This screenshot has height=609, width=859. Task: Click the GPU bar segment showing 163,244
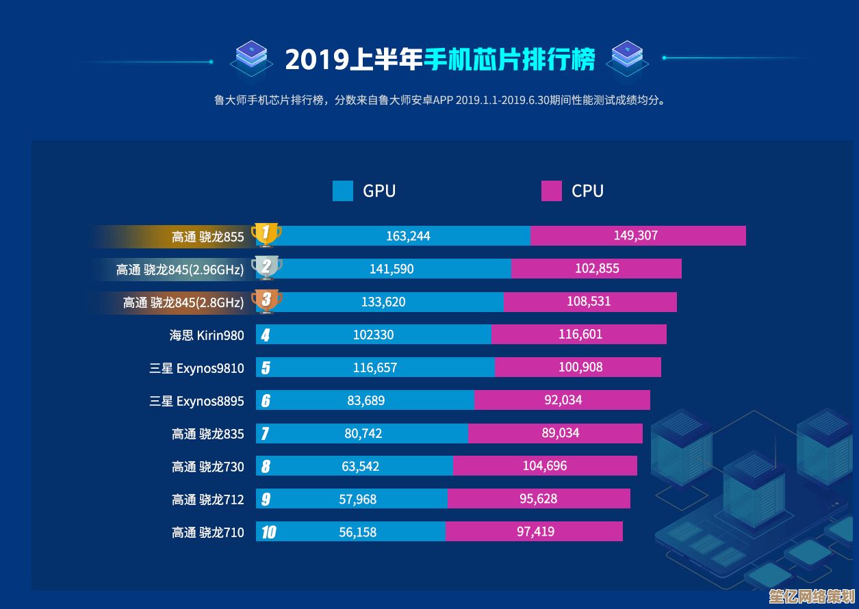[408, 236]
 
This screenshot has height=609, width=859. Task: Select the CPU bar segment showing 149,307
[637, 236]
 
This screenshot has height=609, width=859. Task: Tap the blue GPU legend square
[343, 191]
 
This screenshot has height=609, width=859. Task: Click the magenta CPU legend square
[552, 191]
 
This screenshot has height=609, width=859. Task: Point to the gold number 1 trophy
[266, 234]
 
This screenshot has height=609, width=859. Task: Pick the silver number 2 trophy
[266, 268]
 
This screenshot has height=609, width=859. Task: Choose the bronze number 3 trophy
[266, 300]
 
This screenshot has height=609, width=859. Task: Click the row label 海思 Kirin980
[207, 335]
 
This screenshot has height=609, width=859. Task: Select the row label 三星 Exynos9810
[196, 368]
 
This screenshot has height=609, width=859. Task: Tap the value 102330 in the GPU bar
[373, 335]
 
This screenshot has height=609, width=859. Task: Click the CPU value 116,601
[580, 334]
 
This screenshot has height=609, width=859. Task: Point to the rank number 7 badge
[265, 434]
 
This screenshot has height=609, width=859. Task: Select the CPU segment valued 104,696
[545, 466]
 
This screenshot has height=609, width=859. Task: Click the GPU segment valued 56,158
[357, 532]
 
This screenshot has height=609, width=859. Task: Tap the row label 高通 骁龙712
[207, 500]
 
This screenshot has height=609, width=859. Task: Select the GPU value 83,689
[366, 400]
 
